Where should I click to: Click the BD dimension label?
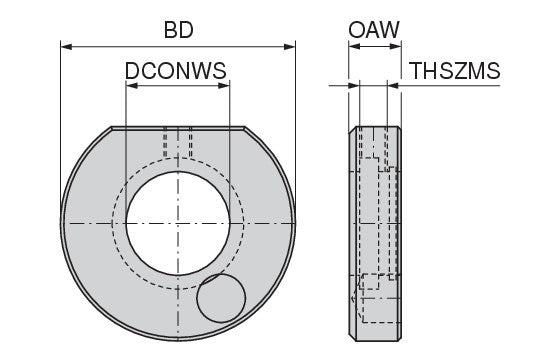click(178, 30)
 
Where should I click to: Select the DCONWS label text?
click(176, 70)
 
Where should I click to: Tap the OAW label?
click(374, 30)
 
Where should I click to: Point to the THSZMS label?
click(456, 70)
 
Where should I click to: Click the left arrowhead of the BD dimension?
click(67, 46)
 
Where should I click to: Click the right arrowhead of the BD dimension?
click(289, 46)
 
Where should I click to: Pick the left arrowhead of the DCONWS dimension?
click(132, 86)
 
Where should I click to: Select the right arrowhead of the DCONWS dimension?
click(224, 86)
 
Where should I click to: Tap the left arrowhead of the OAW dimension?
click(354, 46)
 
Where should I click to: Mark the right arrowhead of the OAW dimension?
click(396, 46)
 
